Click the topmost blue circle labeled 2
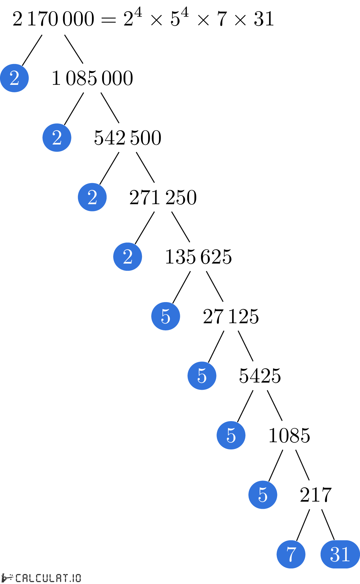pos(14,78)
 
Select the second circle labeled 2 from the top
pos(57,138)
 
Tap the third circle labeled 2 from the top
pos(92,197)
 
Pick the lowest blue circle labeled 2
pos(128,257)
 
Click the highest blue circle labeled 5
pos(166,316)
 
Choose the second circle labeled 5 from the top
pos(202,376)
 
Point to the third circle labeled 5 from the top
pos(231,435)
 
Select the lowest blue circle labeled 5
pos(263,495)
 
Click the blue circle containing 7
pos(291,554)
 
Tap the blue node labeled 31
pos(340,554)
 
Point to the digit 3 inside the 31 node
pos(335,554)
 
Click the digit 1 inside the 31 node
pos(345,554)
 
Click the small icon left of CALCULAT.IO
pos(7,578)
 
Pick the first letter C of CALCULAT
pos(18,578)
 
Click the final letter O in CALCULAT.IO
pos(78,578)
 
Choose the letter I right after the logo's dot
pos(74,578)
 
